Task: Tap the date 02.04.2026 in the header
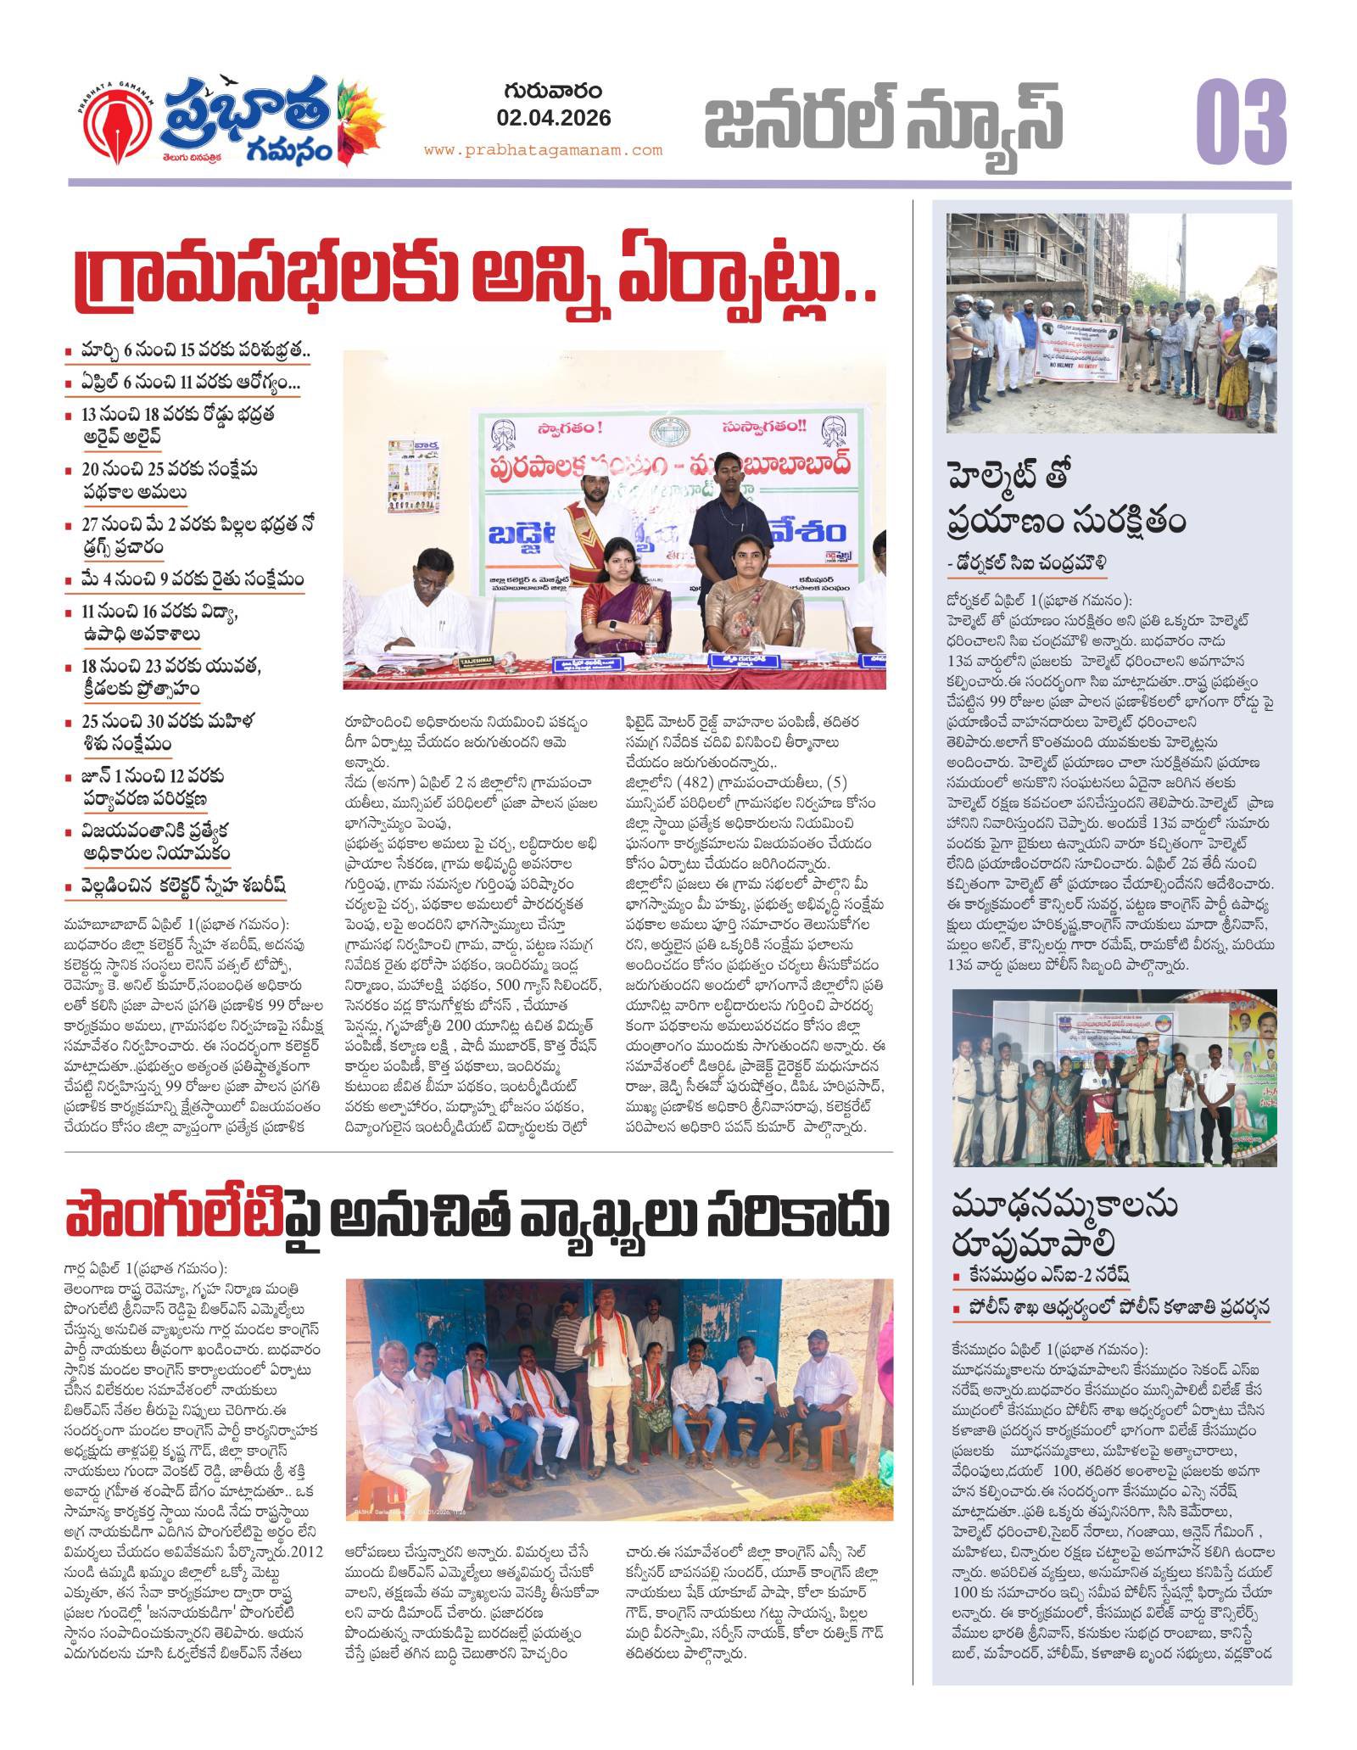556,118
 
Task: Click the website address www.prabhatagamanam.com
543,150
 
